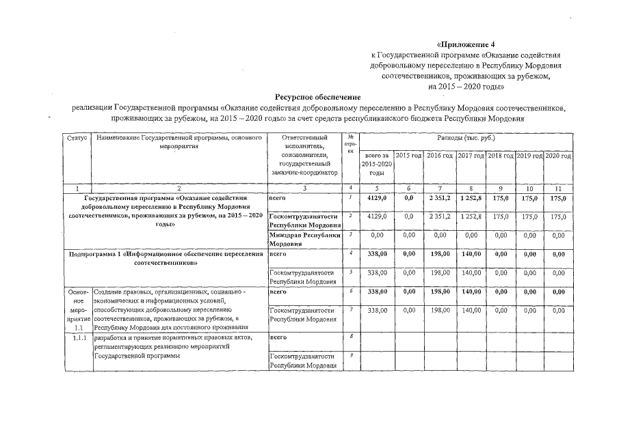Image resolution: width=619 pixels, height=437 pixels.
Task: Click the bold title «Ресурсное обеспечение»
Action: (317, 97)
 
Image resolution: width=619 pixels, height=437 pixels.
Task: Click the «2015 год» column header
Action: (408, 156)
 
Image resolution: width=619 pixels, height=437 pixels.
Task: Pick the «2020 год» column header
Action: (558, 156)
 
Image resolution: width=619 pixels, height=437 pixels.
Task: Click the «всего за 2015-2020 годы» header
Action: (373, 165)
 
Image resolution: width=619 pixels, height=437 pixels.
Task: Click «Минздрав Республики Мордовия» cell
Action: (304, 239)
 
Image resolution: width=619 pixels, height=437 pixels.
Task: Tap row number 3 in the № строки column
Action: (350, 234)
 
